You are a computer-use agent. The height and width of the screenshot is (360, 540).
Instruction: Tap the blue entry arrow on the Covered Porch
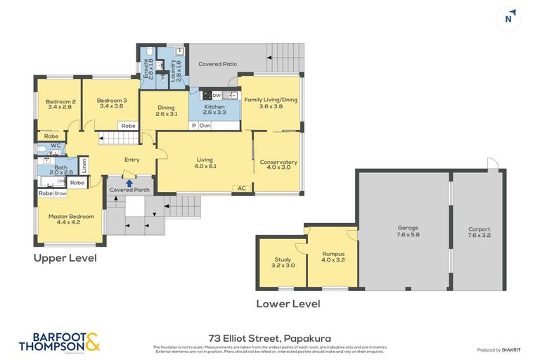129,183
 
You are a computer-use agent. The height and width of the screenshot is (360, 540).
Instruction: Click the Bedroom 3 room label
112,101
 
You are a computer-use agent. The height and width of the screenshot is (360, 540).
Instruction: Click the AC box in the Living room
241,188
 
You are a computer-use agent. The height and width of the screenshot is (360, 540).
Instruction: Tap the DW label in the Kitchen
217,95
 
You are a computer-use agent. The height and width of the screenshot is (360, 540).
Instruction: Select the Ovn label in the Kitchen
205,125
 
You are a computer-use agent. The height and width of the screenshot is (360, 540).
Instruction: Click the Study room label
282,260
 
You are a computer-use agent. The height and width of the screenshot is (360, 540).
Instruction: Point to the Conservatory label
278,162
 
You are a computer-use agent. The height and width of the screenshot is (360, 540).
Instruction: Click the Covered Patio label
217,64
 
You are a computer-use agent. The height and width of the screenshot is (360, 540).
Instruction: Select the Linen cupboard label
84,167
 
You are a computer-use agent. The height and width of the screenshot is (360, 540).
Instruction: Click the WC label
55,146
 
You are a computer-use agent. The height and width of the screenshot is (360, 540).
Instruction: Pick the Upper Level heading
65,258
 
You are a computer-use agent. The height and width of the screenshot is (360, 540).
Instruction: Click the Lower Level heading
288,304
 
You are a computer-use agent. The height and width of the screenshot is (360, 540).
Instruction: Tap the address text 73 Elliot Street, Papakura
270,337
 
